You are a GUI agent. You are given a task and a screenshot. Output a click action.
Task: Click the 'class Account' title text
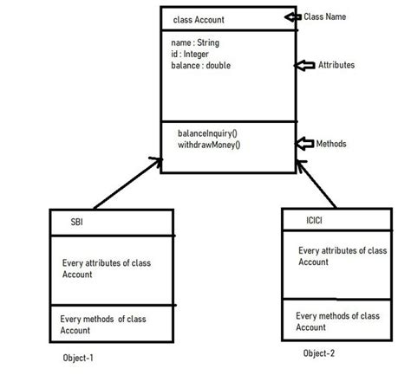[198, 20]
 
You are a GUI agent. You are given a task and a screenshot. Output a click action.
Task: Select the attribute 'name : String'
[195, 42]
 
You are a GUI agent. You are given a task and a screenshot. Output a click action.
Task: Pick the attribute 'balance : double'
[201, 65]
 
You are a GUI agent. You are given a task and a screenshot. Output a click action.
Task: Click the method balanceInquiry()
[209, 134]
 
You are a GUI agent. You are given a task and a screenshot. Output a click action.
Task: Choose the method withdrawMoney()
[209, 145]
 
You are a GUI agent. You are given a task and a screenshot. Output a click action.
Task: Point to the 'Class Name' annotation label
[325, 16]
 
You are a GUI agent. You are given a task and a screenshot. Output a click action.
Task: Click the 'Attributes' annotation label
[336, 65]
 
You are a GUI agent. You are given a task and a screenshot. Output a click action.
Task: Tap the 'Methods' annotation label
[332, 143]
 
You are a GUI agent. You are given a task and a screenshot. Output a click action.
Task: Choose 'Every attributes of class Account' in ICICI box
[342, 256]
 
